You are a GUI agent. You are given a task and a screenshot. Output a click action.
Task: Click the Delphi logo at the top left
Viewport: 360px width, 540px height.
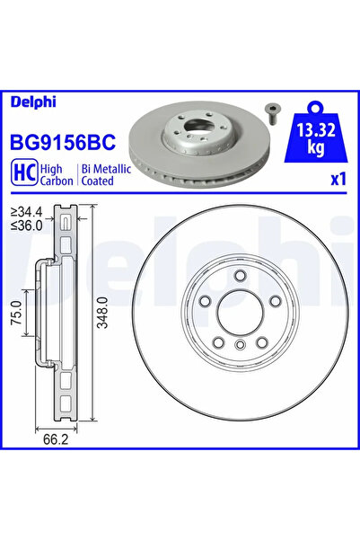(x=31, y=102)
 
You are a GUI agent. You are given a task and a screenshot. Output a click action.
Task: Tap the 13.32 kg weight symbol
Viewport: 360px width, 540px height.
(x=309, y=134)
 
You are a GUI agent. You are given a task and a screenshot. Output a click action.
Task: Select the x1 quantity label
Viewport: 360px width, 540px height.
(x=338, y=179)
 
